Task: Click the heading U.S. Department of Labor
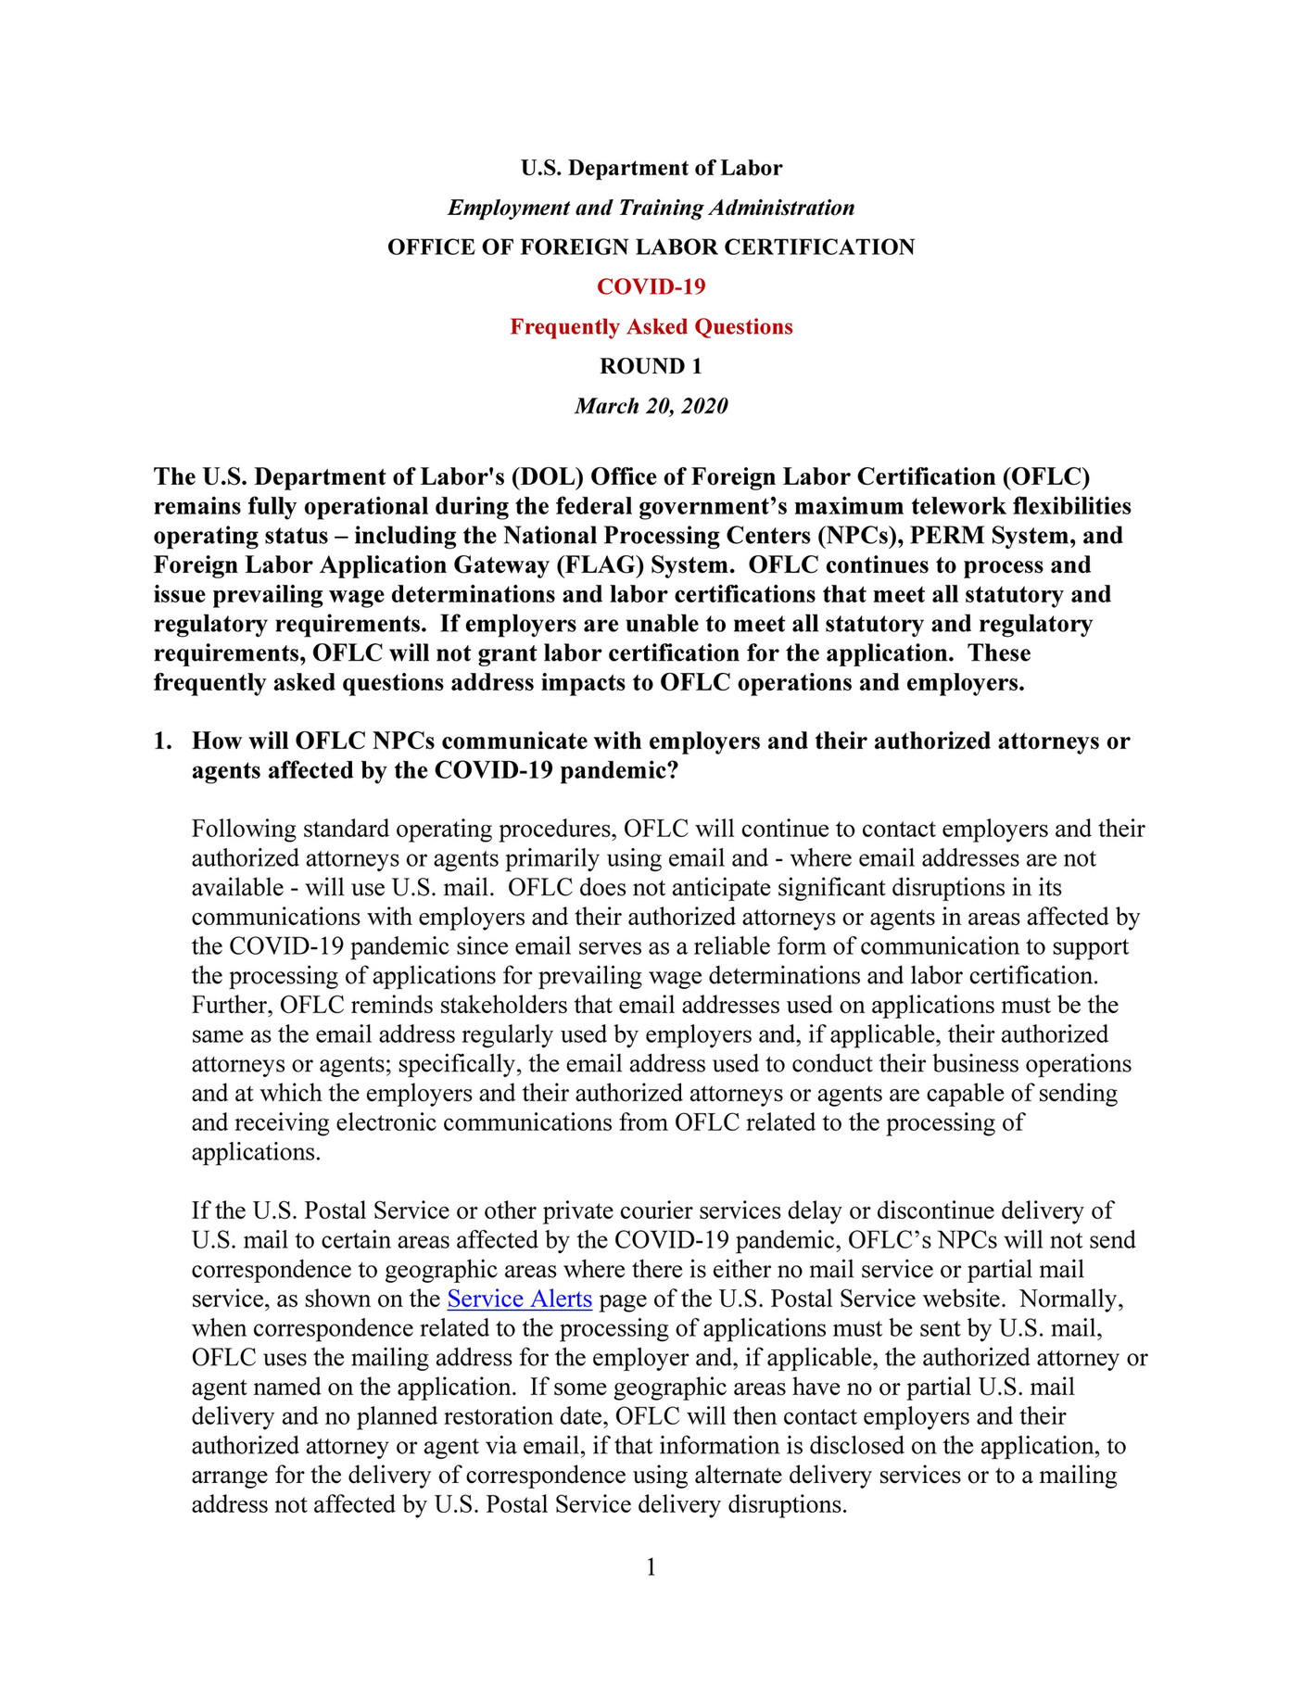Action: (651, 168)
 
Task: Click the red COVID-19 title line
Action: (651, 286)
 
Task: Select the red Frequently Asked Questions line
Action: (651, 326)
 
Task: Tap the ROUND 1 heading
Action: (651, 366)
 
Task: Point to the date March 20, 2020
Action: (651, 406)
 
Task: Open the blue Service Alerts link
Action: (519, 1299)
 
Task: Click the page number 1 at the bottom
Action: (651, 1566)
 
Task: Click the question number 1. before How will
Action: (163, 742)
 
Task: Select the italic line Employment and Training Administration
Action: (651, 208)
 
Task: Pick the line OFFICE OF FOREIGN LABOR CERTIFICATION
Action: (651, 247)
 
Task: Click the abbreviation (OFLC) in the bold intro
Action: (1044, 476)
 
